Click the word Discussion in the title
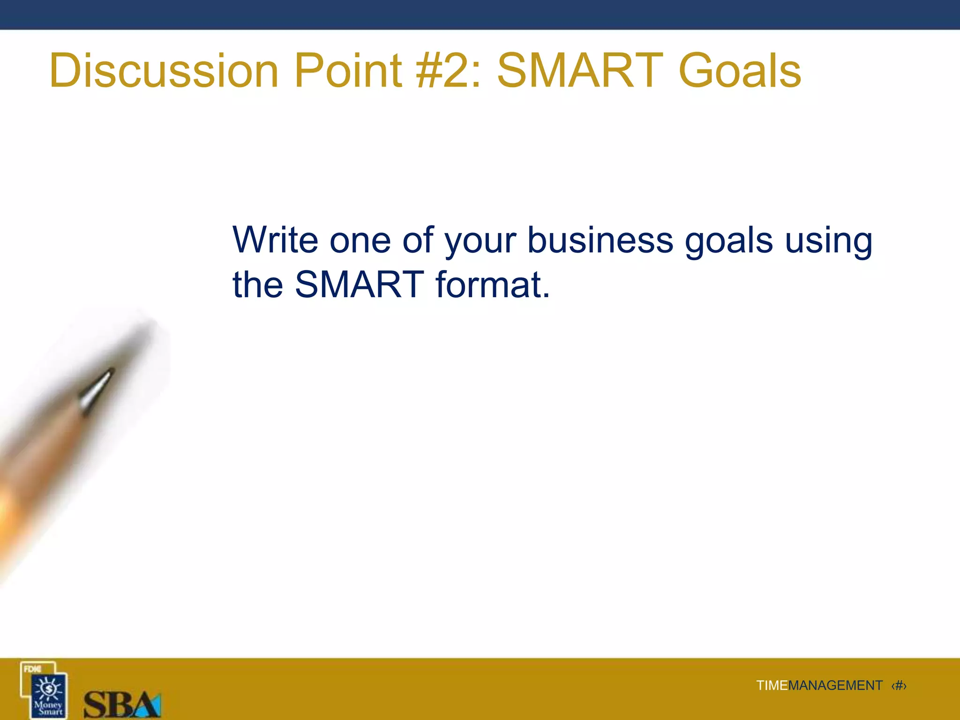[x=164, y=71]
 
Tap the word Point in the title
[x=348, y=71]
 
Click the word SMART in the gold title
[x=580, y=71]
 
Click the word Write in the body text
[x=275, y=240]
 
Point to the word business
[x=600, y=240]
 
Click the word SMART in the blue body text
[x=359, y=285]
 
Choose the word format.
[x=492, y=285]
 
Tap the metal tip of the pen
[x=96, y=389]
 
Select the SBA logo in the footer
[x=122, y=703]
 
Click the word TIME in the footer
[x=772, y=686]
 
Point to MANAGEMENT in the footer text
[x=835, y=686]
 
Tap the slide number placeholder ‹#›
[x=899, y=686]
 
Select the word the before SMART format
[x=258, y=285]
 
